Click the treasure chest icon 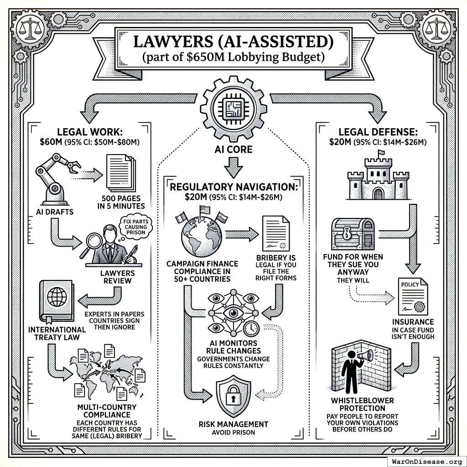click(353, 233)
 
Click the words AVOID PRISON click(233, 432)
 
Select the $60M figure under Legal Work click(51, 141)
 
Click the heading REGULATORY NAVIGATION click(233, 187)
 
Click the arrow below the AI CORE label click(233, 168)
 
